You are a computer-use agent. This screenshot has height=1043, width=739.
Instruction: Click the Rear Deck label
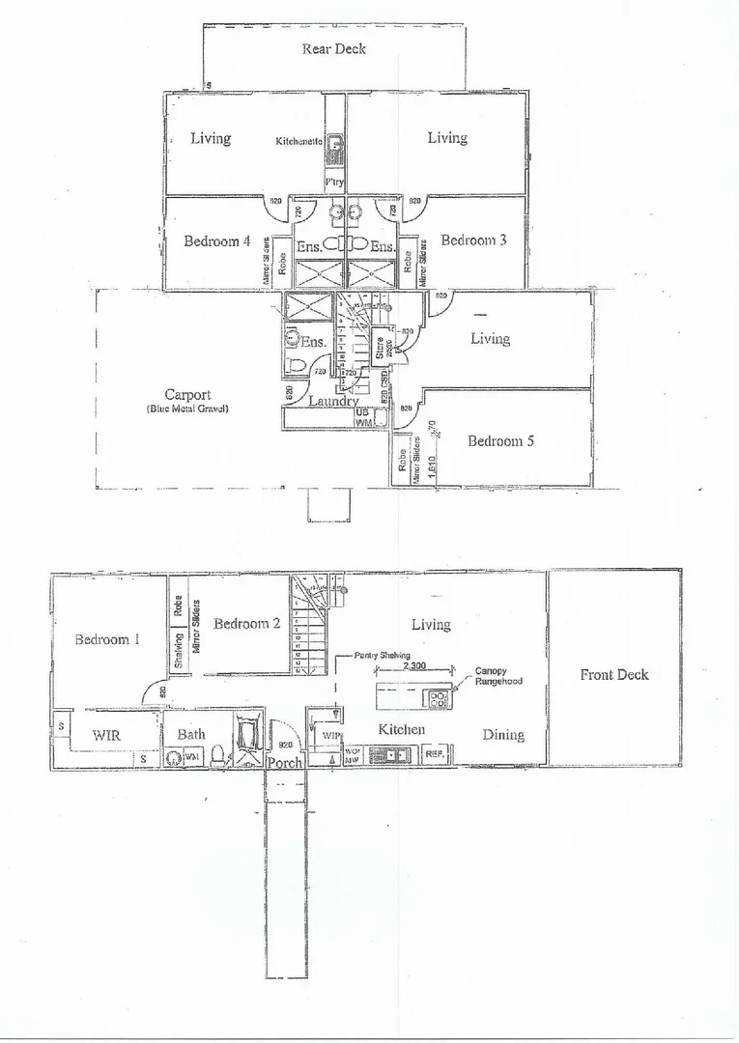pos(334,48)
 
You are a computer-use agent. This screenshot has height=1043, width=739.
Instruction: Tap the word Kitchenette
pos(298,141)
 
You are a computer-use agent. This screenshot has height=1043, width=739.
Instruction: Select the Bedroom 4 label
pos(217,240)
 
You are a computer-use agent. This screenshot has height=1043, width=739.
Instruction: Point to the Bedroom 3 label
pos(473,240)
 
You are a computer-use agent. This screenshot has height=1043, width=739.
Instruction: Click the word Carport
pos(187,395)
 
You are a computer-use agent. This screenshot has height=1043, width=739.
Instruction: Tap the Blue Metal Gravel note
pos(187,409)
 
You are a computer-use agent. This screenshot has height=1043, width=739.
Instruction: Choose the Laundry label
pos(333,401)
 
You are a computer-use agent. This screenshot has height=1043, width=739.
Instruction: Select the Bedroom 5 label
pos(500,440)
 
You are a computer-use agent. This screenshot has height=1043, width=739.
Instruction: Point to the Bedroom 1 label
pos(108,639)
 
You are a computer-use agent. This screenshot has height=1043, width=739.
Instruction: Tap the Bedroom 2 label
pos(246,623)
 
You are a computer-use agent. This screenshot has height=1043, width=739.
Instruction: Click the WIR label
pos(105,734)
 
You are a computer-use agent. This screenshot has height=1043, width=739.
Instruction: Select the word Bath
pos(191,734)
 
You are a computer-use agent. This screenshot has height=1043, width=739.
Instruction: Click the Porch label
pos(285,762)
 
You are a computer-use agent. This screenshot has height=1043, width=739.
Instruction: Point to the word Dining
pos(503,734)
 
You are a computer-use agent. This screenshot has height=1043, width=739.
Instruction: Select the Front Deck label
pos(614,674)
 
